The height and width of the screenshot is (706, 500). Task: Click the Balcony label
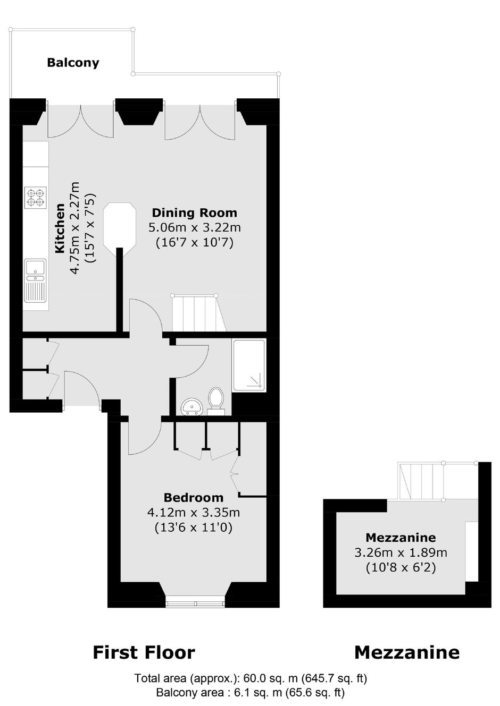73,63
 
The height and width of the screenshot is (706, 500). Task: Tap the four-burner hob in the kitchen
35,197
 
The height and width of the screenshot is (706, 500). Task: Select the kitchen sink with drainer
35,280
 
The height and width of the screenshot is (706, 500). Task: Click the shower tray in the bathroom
249,365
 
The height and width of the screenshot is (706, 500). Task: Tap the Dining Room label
195,212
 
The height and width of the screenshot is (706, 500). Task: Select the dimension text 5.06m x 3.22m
195,227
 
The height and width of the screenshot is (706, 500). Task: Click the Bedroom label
194,498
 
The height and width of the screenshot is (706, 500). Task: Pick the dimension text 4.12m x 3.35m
194,513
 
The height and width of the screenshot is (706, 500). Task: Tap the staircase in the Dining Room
199,313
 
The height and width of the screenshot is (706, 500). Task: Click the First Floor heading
144,652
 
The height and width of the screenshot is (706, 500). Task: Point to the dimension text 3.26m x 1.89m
401,553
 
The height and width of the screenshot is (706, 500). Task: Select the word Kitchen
60,228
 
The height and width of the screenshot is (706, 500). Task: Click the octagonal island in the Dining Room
120,226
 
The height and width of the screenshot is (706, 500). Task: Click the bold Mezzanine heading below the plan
407,652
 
